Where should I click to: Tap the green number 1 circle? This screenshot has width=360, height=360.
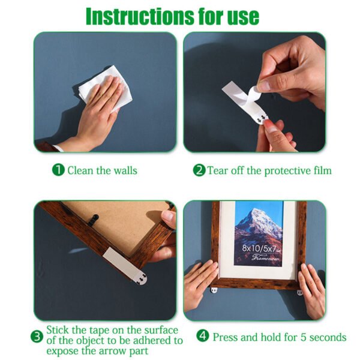click(58, 170)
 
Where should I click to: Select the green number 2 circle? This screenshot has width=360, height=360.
click(199, 170)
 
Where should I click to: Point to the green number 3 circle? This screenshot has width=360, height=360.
click(37, 336)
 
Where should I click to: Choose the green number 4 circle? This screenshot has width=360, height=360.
click(203, 337)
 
